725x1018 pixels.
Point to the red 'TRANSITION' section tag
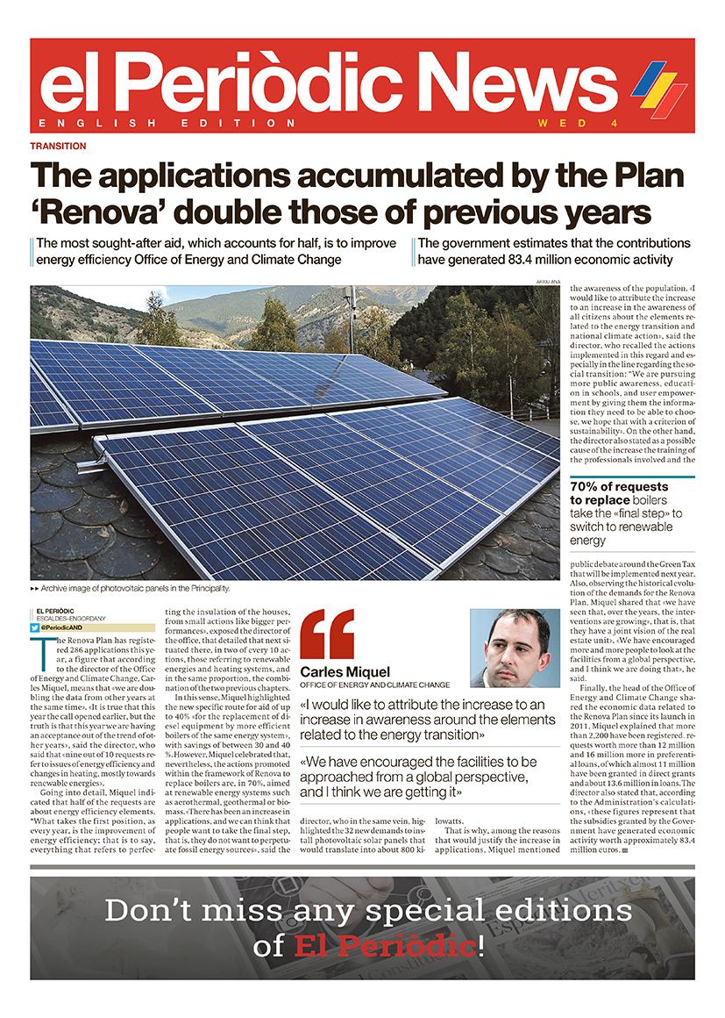58,147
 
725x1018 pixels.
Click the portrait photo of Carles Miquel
515,648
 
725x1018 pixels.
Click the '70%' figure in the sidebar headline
591,487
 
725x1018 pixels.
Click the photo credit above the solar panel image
547,281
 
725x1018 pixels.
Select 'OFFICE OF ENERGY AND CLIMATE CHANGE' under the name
374,685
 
